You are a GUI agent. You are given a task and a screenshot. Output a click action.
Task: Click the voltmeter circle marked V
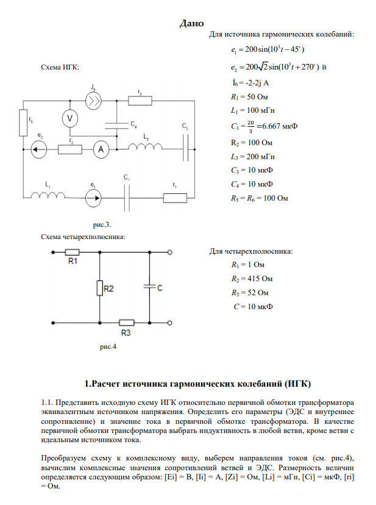click(x=70, y=118)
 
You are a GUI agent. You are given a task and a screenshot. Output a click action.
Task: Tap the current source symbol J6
click(x=93, y=101)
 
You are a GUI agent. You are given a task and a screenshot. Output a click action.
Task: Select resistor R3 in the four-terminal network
click(x=126, y=323)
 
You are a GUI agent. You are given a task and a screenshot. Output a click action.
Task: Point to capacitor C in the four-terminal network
click(x=149, y=287)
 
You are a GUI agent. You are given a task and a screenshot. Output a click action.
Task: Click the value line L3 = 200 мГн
click(x=249, y=156)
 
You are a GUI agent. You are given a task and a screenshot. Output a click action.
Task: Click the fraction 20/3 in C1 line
click(x=250, y=126)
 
